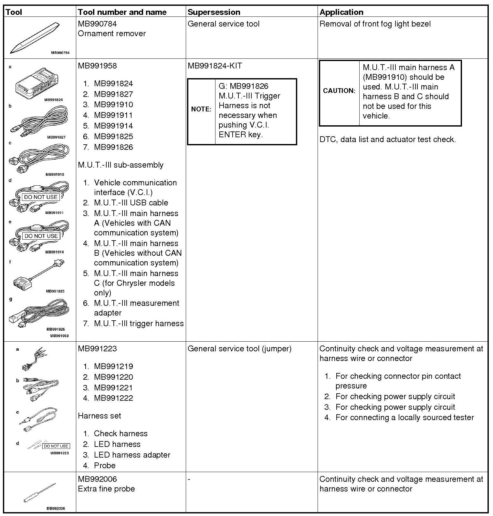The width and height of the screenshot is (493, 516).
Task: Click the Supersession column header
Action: [x=214, y=12]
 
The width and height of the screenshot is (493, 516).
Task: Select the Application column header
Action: [x=341, y=12]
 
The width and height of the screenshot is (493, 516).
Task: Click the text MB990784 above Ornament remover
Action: [x=97, y=24]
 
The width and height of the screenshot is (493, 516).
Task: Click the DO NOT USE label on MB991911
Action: [x=41, y=197]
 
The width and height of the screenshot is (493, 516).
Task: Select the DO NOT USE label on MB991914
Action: [x=41, y=236]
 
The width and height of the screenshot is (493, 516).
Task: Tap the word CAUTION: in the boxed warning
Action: [x=339, y=91]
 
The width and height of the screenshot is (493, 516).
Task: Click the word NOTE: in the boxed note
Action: [x=201, y=109]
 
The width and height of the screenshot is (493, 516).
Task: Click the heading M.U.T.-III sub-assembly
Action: [x=121, y=165]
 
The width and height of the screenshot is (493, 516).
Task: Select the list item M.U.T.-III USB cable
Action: [x=131, y=203]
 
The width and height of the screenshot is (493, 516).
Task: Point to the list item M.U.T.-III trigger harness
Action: [x=139, y=324]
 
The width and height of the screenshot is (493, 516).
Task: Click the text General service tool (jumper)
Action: [x=239, y=349]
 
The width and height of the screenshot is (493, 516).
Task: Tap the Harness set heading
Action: [x=100, y=416]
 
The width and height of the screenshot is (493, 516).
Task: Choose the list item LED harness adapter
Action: [x=132, y=455]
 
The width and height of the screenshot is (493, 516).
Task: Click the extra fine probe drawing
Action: [x=39, y=493]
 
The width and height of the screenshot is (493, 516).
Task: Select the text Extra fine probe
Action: [x=106, y=489]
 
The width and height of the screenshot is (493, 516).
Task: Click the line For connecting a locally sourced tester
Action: [x=404, y=418]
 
